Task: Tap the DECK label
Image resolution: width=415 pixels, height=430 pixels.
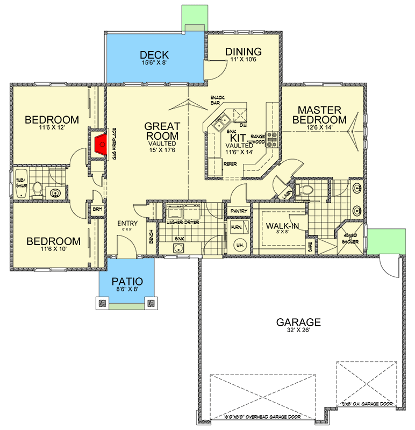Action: coord(154,55)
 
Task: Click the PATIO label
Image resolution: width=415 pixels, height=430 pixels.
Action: coord(127,281)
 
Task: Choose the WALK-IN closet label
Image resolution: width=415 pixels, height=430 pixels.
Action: coord(279,226)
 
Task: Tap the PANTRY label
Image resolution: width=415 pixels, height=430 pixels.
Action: coord(237,211)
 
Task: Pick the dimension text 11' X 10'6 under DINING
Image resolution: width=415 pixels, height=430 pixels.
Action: coord(243,61)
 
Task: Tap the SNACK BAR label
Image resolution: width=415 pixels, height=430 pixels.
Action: coord(217,99)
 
